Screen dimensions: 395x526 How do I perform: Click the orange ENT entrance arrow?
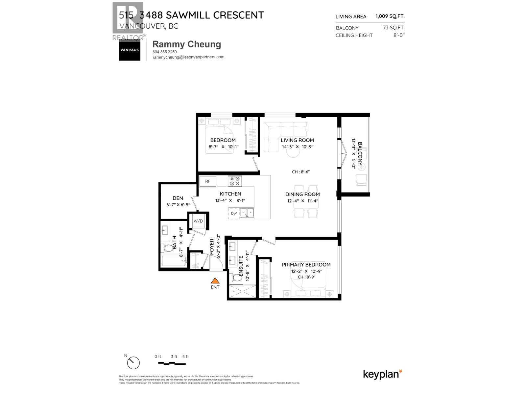tap(215, 281)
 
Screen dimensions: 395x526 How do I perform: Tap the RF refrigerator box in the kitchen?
tap(208, 181)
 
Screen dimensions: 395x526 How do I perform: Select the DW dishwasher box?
tap(234, 213)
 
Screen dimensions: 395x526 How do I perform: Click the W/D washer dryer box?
tap(198, 221)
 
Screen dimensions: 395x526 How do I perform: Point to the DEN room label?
tap(178, 198)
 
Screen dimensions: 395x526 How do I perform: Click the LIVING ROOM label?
tap(297, 140)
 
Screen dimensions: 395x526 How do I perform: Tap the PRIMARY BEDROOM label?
tap(306, 265)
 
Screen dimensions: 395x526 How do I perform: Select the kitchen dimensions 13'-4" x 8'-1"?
tap(230, 200)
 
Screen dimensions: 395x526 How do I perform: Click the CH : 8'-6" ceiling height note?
tap(301, 172)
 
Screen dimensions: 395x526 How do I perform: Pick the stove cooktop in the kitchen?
tap(235, 181)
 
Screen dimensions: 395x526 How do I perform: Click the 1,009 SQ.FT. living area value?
tap(390, 16)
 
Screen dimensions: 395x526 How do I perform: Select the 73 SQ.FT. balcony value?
tap(394, 28)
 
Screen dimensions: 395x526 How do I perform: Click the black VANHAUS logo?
tap(129, 50)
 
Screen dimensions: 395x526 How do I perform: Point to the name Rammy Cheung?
tap(187, 44)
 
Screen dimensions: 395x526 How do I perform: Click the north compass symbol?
tap(133, 363)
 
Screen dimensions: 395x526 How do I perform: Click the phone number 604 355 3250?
tap(165, 52)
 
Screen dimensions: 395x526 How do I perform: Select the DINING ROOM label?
tap(302, 194)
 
